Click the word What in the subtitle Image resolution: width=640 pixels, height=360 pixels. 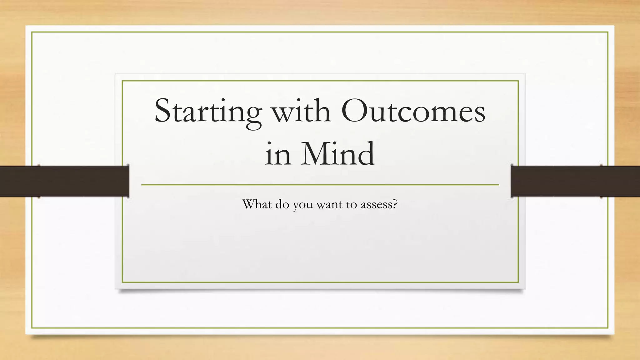pyautogui.click(x=257, y=204)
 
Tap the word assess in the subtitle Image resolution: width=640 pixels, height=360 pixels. pyautogui.click(x=376, y=205)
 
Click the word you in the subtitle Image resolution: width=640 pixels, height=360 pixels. pyautogui.click(x=302, y=206)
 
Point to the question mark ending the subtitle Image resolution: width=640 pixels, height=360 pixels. pyautogui.click(x=395, y=204)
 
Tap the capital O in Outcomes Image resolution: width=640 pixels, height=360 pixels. pyautogui.click(x=353, y=111)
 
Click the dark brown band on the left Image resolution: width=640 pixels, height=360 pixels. pyautogui.click(x=64, y=181)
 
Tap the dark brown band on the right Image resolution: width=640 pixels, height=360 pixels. pyautogui.click(x=575, y=181)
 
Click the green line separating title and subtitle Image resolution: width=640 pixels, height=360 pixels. pyautogui.click(x=320, y=185)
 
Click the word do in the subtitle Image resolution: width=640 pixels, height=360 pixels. pyautogui.click(x=282, y=204)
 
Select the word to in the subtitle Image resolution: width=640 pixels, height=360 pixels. pyautogui.click(x=352, y=205)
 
